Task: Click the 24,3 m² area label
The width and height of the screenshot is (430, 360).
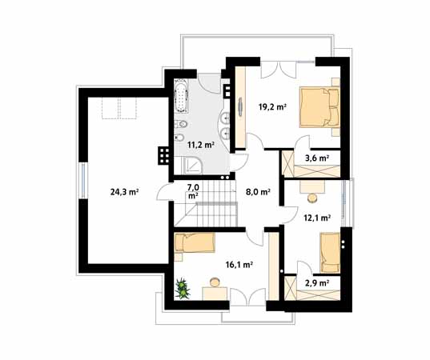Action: [124, 192]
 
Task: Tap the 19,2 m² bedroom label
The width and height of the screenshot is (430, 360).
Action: [272, 106]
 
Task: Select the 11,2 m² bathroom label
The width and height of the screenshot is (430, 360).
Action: [200, 145]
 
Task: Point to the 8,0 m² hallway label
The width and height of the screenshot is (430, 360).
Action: [258, 192]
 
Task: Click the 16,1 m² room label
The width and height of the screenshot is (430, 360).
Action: [239, 265]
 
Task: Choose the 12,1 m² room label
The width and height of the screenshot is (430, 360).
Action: [317, 218]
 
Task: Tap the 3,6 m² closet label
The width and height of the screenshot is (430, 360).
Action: [317, 158]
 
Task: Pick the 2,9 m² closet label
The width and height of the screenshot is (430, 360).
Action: [317, 283]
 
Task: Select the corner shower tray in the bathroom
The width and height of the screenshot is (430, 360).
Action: [192, 166]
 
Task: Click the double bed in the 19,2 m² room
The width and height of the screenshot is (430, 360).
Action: [319, 107]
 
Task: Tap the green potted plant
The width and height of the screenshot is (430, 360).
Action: [182, 289]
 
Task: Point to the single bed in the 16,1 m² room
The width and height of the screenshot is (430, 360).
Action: [195, 242]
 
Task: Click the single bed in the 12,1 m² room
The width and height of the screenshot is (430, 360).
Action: [330, 253]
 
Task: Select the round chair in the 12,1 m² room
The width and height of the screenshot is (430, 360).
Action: [312, 198]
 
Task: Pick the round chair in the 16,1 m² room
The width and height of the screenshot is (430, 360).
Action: [215, 282]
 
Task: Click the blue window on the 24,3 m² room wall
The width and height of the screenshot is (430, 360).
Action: [83, 180]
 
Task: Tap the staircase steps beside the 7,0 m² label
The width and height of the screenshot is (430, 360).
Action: [217, 203]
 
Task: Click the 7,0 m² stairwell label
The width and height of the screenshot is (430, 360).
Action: [193, 191]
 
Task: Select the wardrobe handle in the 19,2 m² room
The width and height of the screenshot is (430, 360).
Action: [240, 107]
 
